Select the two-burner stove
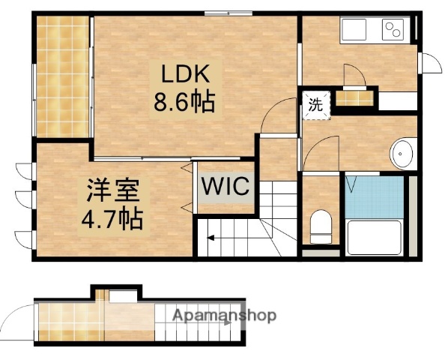[393, 31]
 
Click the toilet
[320, 224]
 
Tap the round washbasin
[403, 154]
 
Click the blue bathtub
[375, 196]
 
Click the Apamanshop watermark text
[224, 316]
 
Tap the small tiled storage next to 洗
[354, 97]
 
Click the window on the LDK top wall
[218, 13]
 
